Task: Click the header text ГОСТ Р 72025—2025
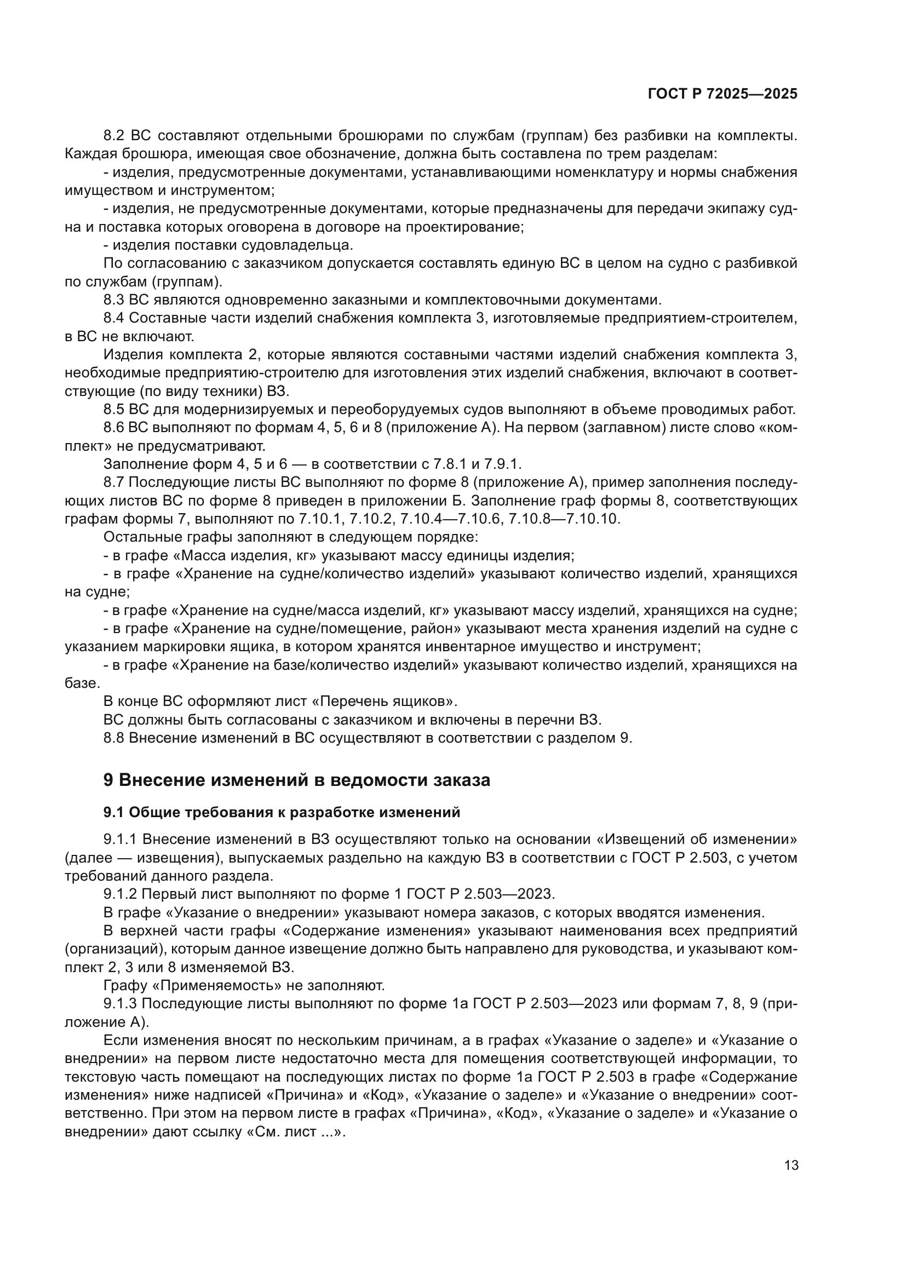pyautogui.click(x=722, y=94)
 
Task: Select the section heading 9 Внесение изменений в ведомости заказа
pyautogui.click(x=297, y=779)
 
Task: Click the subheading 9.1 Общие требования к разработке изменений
pyautogui.click(x=282, y=812)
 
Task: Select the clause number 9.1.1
pyautogui.click(x=120, y=839)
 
